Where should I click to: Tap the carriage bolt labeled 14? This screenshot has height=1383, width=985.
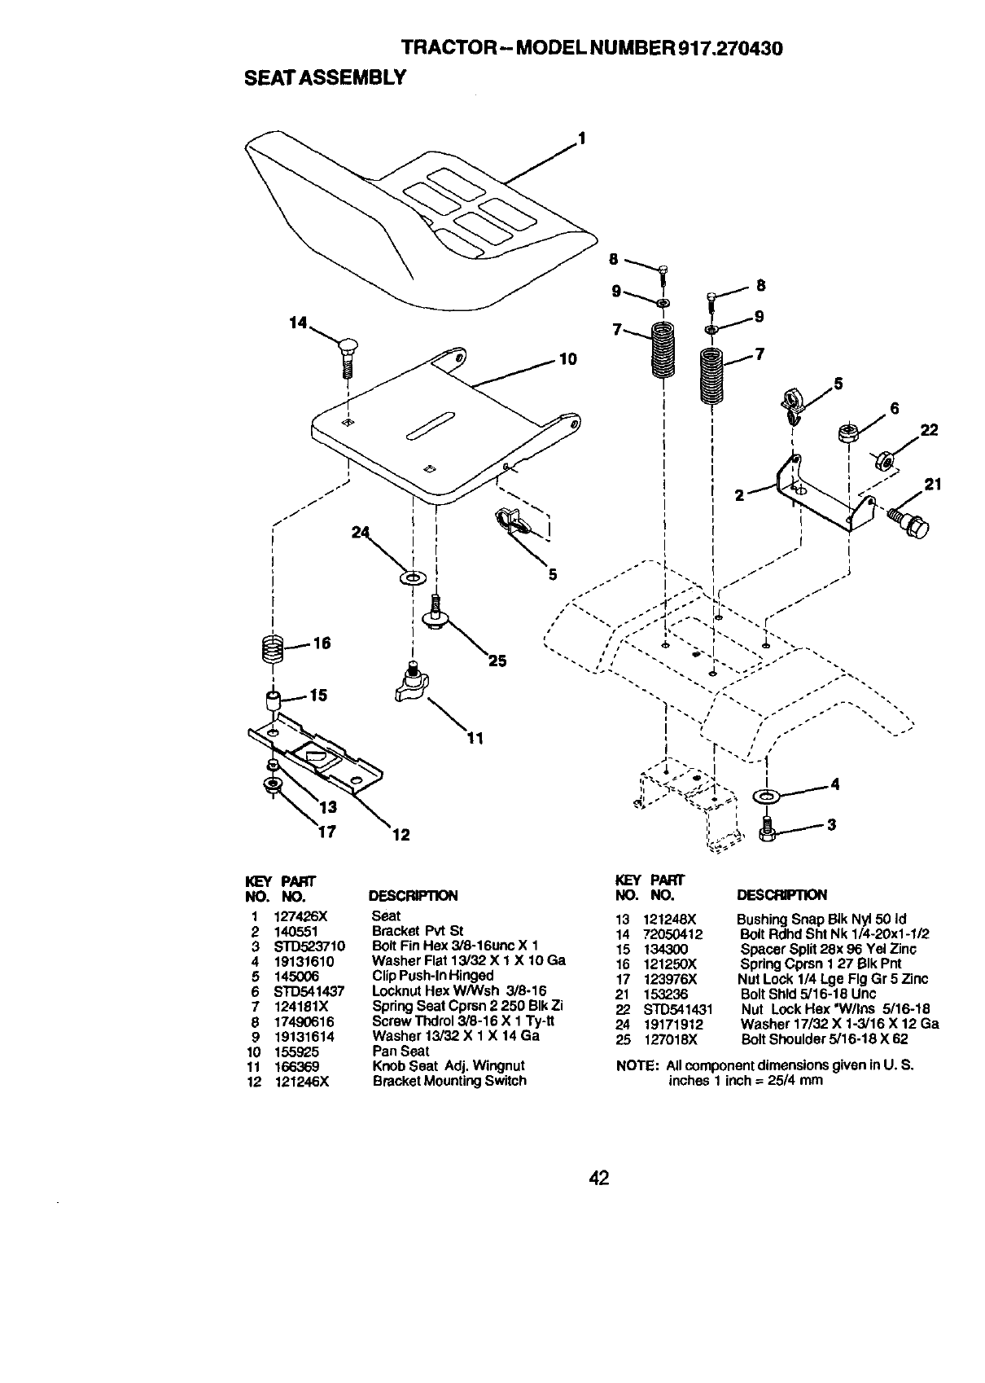(346, 355)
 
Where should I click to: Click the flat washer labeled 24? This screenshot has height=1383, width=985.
(412, 577)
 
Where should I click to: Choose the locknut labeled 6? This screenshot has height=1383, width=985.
(847, 432)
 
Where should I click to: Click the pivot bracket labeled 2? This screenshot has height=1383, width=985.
(818, 494)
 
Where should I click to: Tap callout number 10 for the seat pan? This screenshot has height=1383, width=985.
(567, 358)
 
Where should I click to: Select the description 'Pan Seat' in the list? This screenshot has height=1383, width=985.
(400, 1051)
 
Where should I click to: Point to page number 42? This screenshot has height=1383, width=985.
(600, 1178)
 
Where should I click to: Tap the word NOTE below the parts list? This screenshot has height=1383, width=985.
(637, 1065)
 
